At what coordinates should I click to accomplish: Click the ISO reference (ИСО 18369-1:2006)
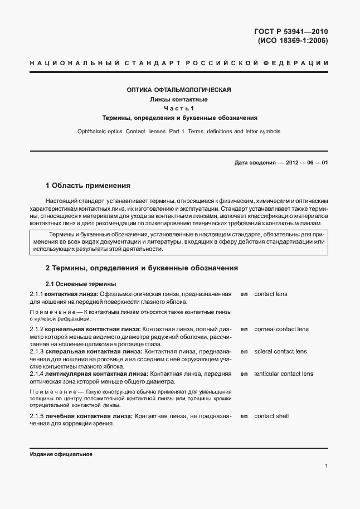[x=292, y=40]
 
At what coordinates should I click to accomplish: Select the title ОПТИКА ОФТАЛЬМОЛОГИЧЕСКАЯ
[x=179, y=90]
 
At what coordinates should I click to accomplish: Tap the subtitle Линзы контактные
[x=179, y=99]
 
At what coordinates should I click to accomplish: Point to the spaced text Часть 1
[x=179, y=108]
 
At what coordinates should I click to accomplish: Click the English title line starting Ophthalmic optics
[x=179, y=132]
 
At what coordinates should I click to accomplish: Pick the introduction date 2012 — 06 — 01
[x=307, y=162]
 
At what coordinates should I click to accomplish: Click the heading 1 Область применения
[x=87, y=185]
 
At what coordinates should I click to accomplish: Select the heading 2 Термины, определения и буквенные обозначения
[x=142, y=268]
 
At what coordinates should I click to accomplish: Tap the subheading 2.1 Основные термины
[x=80, y=283]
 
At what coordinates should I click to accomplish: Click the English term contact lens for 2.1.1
[x=271, y=294]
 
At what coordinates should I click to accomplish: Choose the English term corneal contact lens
[x=281, y=329]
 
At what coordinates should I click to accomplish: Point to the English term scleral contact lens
[x=280, y=352]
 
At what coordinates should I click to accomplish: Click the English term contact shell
[x=271, y=416]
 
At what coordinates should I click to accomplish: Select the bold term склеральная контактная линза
[x=94, y=352]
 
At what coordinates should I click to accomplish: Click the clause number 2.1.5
[x=36, y=416]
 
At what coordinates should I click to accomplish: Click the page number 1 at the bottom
[x=326, y=466]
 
